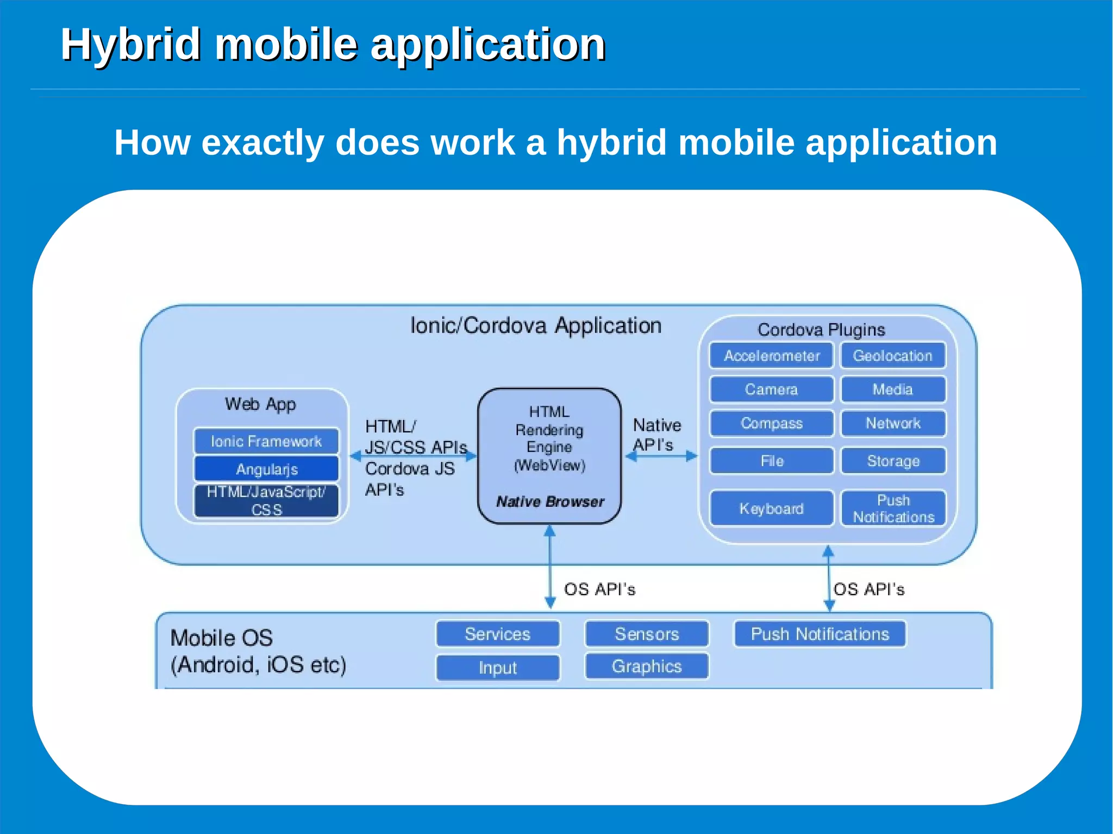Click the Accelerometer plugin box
(x=771, y=356)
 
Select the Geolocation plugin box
(x=893, y=356)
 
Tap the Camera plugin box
(x=771, y=390)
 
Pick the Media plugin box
(x=893, y=390)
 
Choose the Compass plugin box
(x=771, y=423)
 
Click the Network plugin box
(x=893, y=423)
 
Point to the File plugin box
(x=771, y=461)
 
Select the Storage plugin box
(x=893, y=461)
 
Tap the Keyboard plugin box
(x=771, y=509)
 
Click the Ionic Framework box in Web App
(x=266, y=441)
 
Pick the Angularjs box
(x=266, y=469)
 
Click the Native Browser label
(x=550, y=501)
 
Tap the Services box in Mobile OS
(x=498, y=634)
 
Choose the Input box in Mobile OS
(x=498, y=668)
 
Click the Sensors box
(x=647, y=634)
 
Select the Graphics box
(x=647, y=667)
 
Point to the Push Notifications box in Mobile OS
(x=820, y=634)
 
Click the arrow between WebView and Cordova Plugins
(x=661, y=456)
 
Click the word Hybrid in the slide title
(x=130, y=45)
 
